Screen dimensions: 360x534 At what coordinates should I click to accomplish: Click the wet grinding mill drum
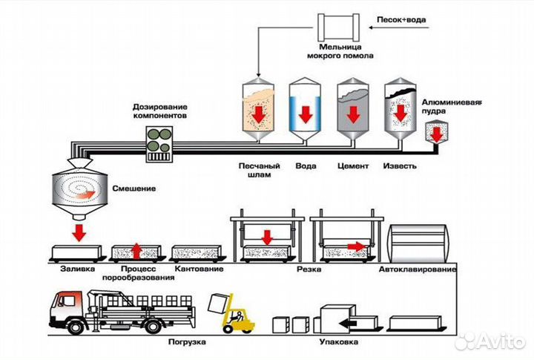pos(339,27)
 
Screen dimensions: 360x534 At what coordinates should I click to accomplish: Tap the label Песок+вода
pos(401,19)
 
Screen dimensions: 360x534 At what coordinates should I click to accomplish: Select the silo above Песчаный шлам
pos(257,111)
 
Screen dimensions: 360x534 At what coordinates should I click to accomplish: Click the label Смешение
pos(134,189)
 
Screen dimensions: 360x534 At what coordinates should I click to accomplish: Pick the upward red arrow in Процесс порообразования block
pos(135,250)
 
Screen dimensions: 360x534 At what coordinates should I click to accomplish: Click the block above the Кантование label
pos(194,253)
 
